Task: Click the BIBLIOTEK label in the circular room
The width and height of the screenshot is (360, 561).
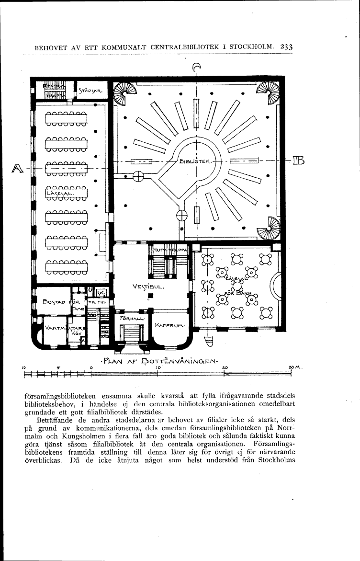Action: pos(196,161)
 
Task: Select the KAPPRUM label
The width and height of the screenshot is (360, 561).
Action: pos(169,325)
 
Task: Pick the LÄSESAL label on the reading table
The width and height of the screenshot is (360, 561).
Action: pos(57,193)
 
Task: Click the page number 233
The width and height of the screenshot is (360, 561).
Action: pos(286,47)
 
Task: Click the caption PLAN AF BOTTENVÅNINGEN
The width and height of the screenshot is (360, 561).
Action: pos(158,360)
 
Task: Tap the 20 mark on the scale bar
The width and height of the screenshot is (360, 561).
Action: pos(224,367)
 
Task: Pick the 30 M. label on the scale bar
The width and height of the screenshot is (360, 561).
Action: pos(293,367)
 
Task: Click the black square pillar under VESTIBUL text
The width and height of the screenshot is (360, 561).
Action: pos(150,296)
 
